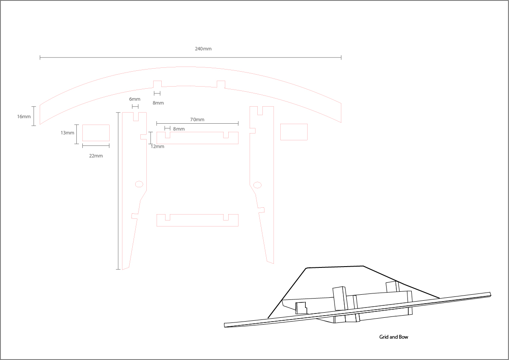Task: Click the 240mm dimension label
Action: (203, 49)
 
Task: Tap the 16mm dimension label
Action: (24, 116)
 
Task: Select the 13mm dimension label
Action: (67, 133)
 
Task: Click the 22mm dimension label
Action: (96, 156)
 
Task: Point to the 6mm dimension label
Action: (134, 99)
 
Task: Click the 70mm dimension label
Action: (197, 119)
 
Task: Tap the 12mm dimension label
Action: (157, 146)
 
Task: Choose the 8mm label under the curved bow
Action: (158, 103)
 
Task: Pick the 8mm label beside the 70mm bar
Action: (179, 129)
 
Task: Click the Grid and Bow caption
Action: (393, 337)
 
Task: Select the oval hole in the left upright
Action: (139, 184)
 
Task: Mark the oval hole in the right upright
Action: (257, 185)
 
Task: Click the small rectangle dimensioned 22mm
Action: (96, 133)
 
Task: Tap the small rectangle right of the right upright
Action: (294, 132)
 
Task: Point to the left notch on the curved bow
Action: (157, 84)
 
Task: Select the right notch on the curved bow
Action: (221, 84)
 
